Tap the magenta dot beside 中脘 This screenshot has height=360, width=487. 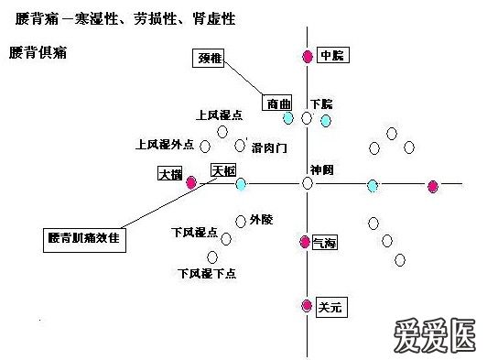[x=308, y=57]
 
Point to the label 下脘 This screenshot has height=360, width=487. [x=320, y=103]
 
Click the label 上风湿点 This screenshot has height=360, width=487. [x=219, y=115]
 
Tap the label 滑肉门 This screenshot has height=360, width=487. [x=270, y=147]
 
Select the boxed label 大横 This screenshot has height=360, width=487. [x=170, y=172]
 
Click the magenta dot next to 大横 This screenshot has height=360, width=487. [x=191, y=183]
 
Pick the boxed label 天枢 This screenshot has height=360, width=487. [x=223, y=170]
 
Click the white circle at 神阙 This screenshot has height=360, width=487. [x=308, y=184]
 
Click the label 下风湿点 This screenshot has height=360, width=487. [x=193, y=233]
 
